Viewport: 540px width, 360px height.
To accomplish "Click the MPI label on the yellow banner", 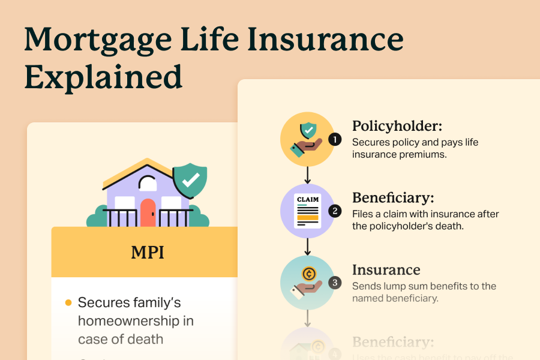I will [148, 252].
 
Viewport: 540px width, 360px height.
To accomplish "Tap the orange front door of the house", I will [148, 212].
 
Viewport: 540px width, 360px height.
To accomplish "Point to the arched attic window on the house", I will [148, 183].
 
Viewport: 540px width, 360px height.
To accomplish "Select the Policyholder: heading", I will [397, 126].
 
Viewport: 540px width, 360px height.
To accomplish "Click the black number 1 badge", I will [335, 139].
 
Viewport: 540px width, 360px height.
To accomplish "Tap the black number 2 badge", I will [335, 211].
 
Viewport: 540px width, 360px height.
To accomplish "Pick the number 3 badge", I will [335, 283].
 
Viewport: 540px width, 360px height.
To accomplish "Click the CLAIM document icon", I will [307, 211].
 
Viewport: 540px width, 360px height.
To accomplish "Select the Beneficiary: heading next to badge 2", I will [393, 198].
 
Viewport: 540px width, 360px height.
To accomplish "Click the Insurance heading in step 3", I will [386, 270].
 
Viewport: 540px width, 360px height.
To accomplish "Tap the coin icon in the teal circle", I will [310, 275].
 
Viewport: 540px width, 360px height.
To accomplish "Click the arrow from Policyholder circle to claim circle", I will [307, 175].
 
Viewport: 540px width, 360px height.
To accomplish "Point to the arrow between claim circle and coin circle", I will [307, 246].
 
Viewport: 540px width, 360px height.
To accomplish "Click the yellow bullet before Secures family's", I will [68, 302].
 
